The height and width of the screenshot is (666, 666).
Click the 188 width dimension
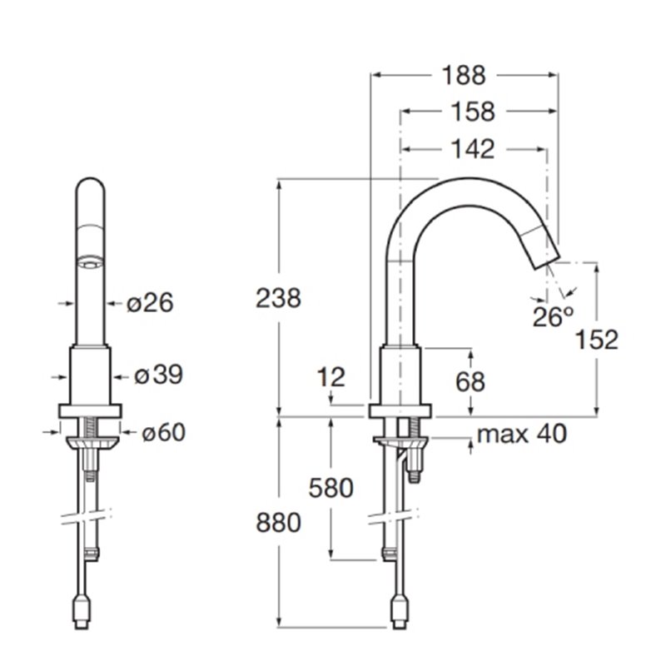coord(464,76)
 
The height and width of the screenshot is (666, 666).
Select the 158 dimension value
coord(473,112)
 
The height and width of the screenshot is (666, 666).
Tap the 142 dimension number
coord(473,150)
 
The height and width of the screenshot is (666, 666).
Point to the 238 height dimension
coord(278,298)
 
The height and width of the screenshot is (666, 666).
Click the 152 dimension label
coord(596,340)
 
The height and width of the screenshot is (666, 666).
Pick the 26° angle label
coord(554,316)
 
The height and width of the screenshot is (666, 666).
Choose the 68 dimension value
coord(470,381)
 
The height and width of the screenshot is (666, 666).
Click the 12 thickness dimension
coord(331,377)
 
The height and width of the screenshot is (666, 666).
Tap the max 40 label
coord(522,434)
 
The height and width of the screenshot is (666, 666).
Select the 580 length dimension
coord(331,488)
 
